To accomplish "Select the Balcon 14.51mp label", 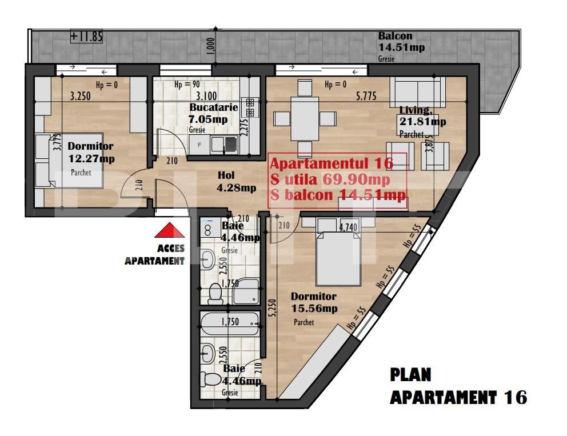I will pos(401,42).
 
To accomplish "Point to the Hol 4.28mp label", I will pos(237,182).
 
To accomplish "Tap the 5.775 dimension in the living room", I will pos(365,97).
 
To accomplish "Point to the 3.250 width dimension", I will pos(81,97).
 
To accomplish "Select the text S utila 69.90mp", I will pos(332,180).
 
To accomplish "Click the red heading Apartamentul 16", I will pos(331,163).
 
